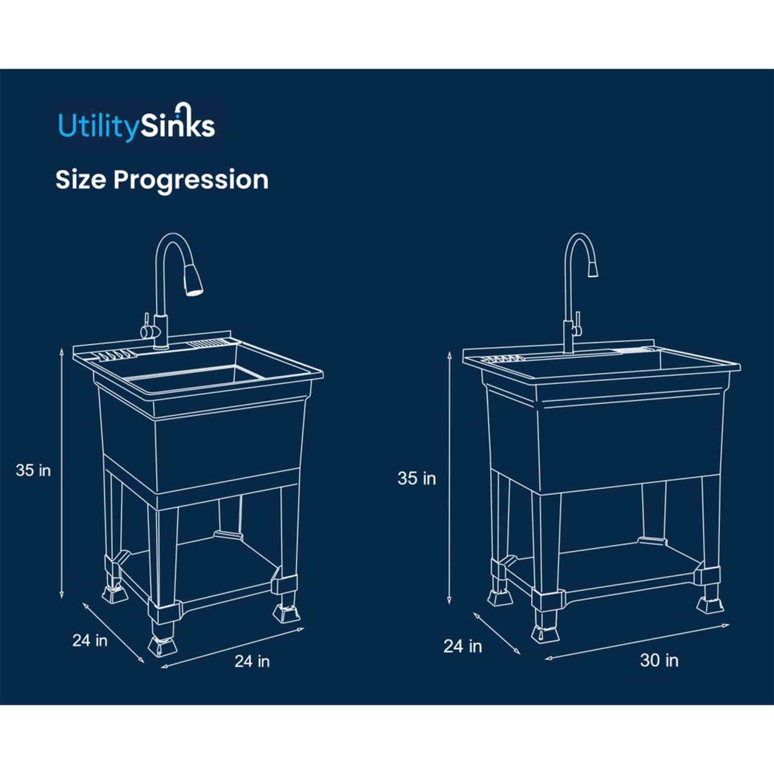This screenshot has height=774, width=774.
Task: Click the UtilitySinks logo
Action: coord(136,124)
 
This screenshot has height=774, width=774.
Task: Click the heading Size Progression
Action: coord(162,180)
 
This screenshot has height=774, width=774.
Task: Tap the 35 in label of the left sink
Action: coord(33,471)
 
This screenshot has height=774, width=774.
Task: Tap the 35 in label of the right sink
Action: coord(416,478)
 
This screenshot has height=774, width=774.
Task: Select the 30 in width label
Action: coord(659,660)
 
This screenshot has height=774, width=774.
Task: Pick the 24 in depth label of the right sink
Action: coord(462,646)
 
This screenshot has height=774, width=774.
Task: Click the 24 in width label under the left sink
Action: coord(252,662)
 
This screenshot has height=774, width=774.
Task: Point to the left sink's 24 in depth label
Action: coord(90,640)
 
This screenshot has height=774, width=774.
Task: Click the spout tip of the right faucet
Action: coord(593,268)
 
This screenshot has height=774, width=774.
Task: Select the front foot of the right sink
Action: coord(545,634)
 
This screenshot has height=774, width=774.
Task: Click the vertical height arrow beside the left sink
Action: coord(61,472)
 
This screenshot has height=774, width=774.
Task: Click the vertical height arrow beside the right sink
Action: coord(449,477)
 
